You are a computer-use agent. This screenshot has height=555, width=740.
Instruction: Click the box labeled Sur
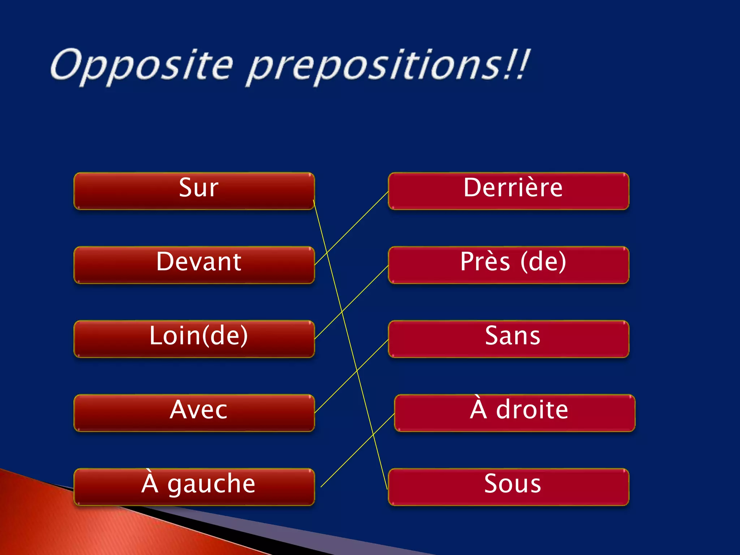[194, 191]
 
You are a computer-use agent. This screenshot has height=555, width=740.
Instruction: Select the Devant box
[194, 265]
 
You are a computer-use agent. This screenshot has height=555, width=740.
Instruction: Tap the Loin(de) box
[194, 339]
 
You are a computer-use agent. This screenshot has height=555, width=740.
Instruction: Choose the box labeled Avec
[194, 413]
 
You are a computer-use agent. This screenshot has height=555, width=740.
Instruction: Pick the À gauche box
[194, 487]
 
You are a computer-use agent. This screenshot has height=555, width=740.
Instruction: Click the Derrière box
[508, 191]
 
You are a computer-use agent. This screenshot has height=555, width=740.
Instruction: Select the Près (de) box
[508, 265]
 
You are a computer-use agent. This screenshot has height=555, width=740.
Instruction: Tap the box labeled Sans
[508, 339]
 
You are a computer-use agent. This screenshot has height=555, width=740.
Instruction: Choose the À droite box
[515, 413]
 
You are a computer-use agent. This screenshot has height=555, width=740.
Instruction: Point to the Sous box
[508, 487]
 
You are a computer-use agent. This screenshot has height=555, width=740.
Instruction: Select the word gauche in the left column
[211, 485]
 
